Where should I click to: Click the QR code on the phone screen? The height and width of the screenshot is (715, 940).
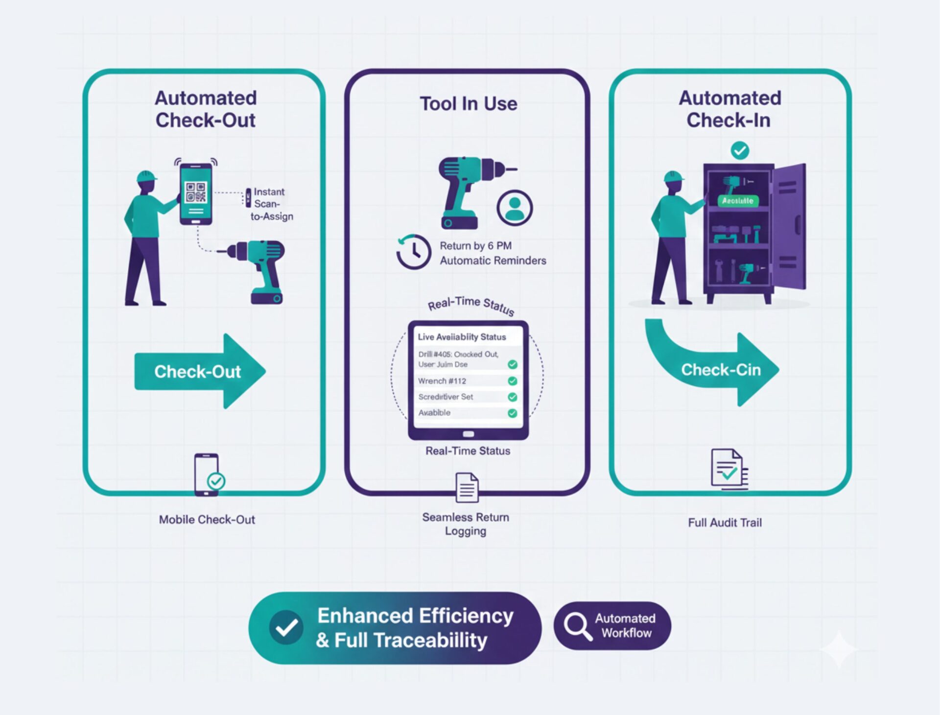pos(196,192)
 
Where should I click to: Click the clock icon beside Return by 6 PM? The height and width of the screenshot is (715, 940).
pos(414,252)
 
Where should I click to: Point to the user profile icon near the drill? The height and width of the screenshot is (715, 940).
pos(515,208)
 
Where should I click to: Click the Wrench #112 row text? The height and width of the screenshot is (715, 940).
pos(442,381)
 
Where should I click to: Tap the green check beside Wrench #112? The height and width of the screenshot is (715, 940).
pos(513,381)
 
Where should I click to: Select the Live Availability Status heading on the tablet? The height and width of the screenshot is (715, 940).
pos(462,337)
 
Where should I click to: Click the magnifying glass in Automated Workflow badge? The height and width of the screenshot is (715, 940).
pos(577,626)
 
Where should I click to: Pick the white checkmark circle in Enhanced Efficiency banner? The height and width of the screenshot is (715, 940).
pos(286,627)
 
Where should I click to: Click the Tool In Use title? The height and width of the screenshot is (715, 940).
pos(469,104)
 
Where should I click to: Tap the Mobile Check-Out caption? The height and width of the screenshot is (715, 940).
pos(207,520)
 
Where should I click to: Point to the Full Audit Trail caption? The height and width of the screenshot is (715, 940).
pos(725,523)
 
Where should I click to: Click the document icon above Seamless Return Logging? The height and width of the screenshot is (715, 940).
pos(467,487)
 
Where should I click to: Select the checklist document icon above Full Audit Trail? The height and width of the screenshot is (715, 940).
pos(728,469)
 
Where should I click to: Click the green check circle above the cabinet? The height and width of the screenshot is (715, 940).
pos(740,150)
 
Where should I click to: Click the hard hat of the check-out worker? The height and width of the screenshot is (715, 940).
pos(146,176)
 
